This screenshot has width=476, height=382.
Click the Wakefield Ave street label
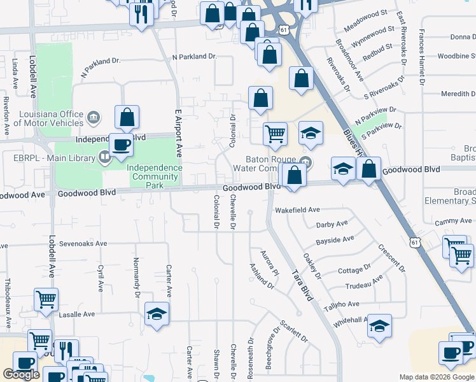click(x=297, y=209)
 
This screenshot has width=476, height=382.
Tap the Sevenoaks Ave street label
click(x=83, y=243)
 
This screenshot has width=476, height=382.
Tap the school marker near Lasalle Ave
click(x=157, y=314)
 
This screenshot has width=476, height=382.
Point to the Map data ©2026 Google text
click(x=437, y=377)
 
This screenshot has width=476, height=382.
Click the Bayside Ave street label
click(x=335, y=239)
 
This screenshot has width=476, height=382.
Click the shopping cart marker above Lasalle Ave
click(x=46, y=300)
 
